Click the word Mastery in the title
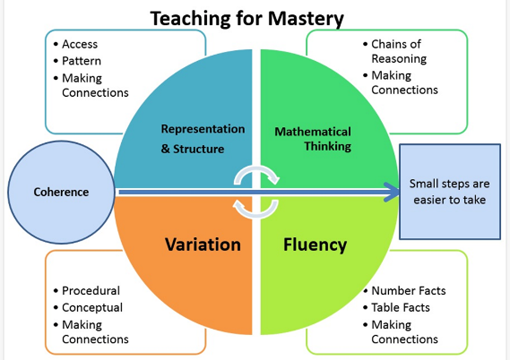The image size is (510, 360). (x=306, y=19)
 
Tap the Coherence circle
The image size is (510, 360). (x=61, y=192)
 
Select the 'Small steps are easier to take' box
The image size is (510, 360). (x=450, y=192)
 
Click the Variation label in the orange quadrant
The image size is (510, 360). (x=203, y=245)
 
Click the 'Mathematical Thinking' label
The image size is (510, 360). (x=313, y=139)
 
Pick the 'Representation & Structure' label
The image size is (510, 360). (x=203, y=139)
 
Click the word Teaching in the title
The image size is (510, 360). (x=190, y=19)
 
